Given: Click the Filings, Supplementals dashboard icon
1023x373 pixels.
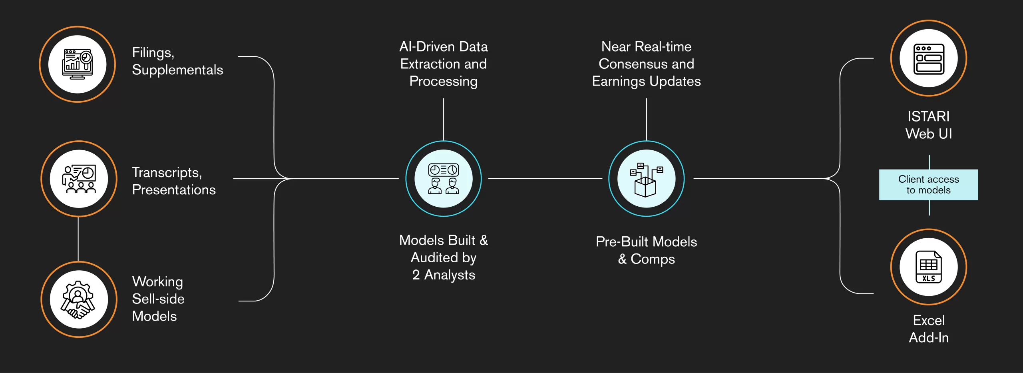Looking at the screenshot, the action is click(x=78, y=64).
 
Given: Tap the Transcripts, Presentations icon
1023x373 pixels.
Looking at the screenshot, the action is click(x=79, y=179).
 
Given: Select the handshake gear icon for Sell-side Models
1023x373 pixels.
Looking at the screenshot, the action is click(x=78, y=299).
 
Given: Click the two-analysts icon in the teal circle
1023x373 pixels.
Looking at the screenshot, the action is click(x=444, y=179).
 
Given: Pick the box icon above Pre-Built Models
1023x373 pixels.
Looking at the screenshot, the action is click(x=646, y=180).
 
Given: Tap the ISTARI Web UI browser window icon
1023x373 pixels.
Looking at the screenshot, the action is click(x=929, y=59).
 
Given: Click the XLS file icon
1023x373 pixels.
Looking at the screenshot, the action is click(x=929, y=267).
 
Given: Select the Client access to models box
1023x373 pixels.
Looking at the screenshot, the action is click(x=928, y=185).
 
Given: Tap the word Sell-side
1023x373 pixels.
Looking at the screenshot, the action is click(x=158, y=299).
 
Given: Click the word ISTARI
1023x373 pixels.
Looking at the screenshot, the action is click(x=928, y=116).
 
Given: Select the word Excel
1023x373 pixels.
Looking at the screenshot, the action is click(x=929, y=320).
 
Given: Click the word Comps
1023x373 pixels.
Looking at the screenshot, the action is click(x=653, y=259).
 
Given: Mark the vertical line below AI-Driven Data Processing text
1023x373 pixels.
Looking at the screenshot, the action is click(x=444, y=120).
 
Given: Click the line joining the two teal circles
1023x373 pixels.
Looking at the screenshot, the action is click(x=545, y=179).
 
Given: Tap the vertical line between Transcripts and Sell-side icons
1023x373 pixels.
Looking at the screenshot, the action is click(x=78, y=239).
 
